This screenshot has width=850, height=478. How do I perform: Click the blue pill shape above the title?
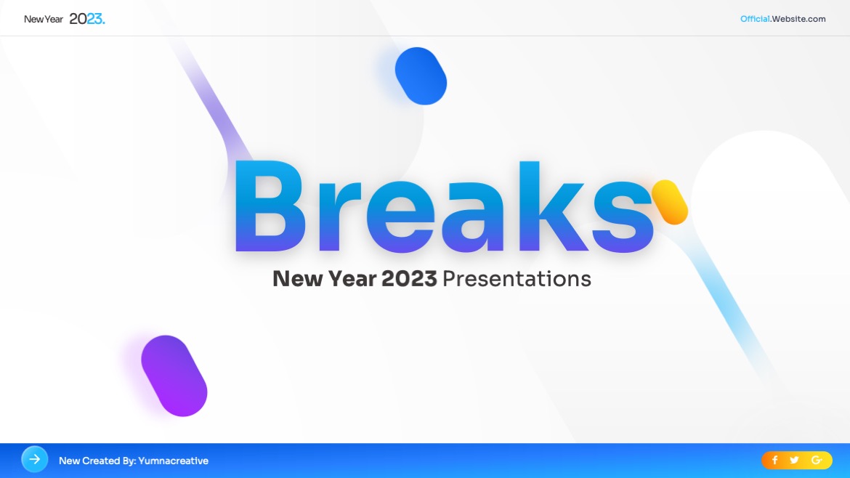(x=421, y=76)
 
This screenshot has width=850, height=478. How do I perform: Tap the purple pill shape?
(x=174, y=376)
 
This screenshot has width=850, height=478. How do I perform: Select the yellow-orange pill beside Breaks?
(x=670, y=202)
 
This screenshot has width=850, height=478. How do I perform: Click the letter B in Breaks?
(x=269, y=206)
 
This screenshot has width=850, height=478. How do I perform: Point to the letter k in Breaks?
(x=554, y=206)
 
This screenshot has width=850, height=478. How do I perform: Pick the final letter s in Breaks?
(x=623, y=216)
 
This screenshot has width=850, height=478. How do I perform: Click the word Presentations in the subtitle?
(x=517, y=279)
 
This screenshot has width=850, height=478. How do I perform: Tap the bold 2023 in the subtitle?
(x=409, y=279)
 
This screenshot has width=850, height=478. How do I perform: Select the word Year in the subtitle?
(x=352, y=279)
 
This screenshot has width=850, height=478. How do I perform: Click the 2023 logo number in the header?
(x=86, y=19)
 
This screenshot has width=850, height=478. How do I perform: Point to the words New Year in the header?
(x=44, y=20)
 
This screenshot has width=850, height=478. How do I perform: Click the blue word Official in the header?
(x=755, y=19)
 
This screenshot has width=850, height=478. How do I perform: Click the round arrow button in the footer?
(x=35, y=460)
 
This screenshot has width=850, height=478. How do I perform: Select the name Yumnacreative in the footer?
(x=174, y=461)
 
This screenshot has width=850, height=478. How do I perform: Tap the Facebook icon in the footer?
(x=774, y=460)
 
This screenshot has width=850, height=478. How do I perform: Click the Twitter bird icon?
(x=794, y=460)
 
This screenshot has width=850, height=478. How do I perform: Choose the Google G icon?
(x=817, y=460)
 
